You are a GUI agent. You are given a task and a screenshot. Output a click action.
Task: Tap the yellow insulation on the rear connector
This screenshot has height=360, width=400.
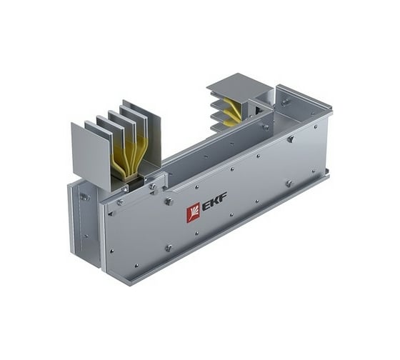[x=233, y=111]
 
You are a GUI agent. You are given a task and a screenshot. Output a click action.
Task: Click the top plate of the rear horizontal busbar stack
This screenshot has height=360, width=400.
[x=239, y=84]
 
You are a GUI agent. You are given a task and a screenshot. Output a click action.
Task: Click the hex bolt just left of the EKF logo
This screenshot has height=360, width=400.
[x=169, y=202]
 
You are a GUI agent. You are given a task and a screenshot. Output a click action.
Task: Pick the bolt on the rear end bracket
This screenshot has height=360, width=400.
[x=285, y=102]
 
